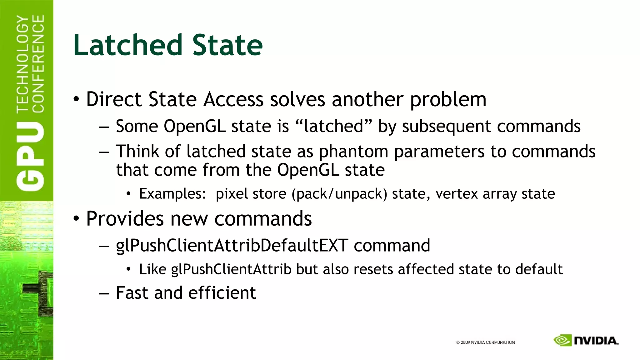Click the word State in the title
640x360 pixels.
(227, 45)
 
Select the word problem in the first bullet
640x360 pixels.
(448, 100)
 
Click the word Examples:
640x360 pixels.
(172, 194)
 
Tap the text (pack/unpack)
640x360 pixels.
(339, 194)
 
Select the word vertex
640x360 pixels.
(456, 194)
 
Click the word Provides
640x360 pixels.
(125, 218)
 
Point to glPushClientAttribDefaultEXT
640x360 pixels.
(232, 246)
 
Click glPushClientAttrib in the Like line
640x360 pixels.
(231, 269)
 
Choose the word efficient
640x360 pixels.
(222, 293)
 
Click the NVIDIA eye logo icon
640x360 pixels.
(562, 340)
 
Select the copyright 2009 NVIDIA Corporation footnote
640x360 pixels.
(485, 342)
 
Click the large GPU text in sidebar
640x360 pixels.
(30, 156)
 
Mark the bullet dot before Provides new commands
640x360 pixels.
(76, 219)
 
